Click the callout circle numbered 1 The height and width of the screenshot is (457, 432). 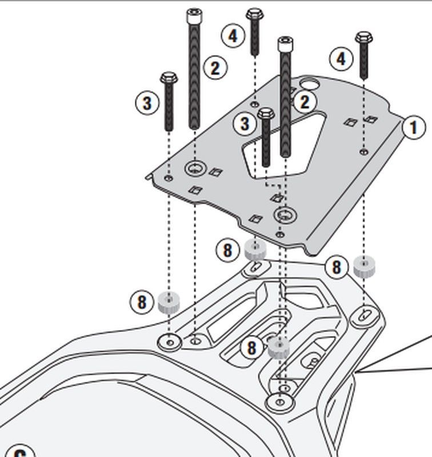click(413, 127)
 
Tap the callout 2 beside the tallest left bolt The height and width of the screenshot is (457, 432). click(214, 69)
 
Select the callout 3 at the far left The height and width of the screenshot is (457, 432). click(147, 103)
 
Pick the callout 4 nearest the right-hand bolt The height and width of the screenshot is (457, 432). click(341, 59)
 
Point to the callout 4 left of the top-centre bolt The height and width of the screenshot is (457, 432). click(232, 36)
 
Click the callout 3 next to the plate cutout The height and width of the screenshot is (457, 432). click(245, 123)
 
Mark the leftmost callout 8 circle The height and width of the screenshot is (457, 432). click(142, 302)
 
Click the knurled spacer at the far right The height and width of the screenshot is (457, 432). click(363, 267)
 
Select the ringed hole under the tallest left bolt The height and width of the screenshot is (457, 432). click(195, 169)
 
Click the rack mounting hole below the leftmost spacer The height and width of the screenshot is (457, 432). click(169, 341)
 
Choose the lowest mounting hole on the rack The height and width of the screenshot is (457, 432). click(279, 403)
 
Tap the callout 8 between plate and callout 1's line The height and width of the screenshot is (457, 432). click(336, 267)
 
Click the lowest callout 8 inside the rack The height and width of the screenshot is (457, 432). click(251, 347)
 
